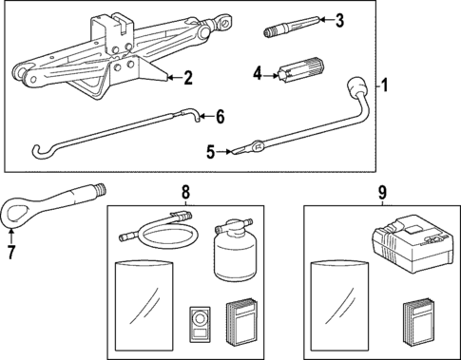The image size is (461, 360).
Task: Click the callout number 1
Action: click(x=384, y=85)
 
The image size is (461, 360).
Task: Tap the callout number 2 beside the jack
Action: click(x=188, y=77)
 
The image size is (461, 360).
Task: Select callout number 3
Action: click(x=339, y=19)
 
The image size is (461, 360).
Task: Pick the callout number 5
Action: click(x=211, y=150)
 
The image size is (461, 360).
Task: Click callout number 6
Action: click(x=220, y=117)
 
